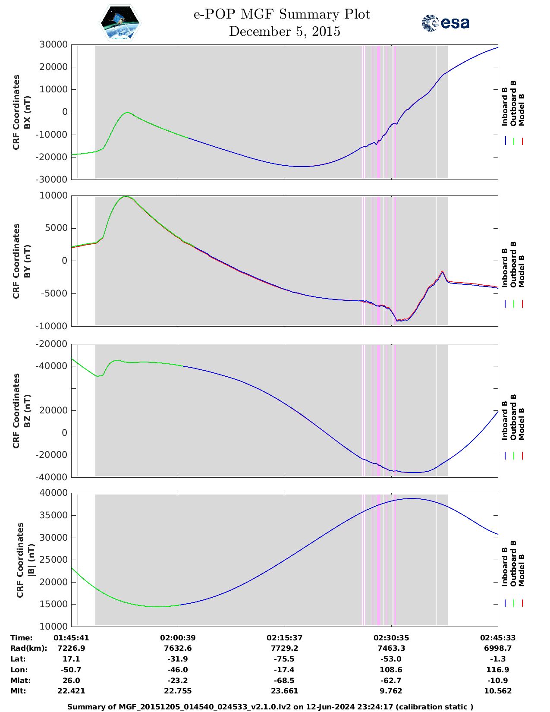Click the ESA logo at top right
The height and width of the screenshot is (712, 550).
[446, 23]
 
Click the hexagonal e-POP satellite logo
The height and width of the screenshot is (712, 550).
[120, 23]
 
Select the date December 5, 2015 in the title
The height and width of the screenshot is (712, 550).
[284, 32]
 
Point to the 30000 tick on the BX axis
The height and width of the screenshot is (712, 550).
[53, 44]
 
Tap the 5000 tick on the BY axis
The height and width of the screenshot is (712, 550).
[58, 228]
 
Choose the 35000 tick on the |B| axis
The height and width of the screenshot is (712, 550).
[53, 515]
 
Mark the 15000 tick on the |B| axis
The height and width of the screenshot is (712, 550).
[53, 604]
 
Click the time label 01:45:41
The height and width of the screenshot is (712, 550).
[71, 638]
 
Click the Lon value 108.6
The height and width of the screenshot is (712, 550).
[391, 670]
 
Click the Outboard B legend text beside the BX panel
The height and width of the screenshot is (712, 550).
[513, 104]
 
